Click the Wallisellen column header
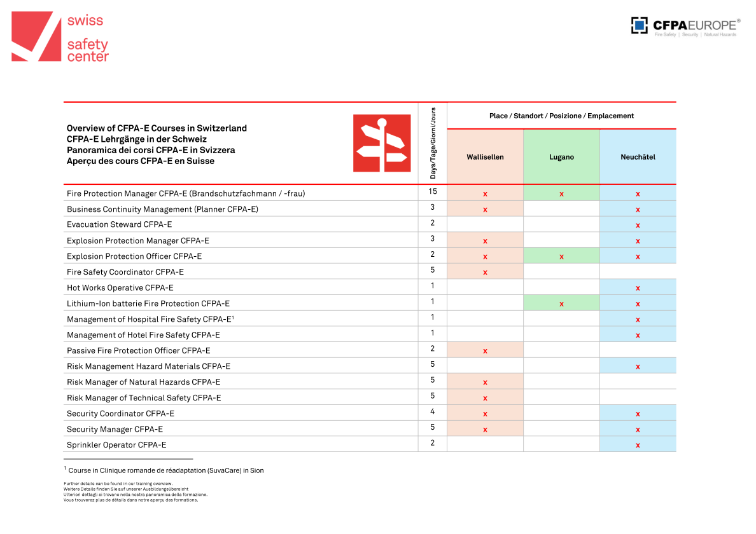485,157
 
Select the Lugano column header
561,157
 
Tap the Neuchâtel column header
638,157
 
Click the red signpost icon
382,143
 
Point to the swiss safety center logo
60,38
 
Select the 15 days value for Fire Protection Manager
432,191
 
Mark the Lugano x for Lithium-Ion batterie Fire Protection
561,304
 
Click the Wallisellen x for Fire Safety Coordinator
485,273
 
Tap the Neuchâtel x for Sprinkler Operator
638,445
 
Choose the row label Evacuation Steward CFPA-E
119,224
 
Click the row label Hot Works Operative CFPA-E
120,287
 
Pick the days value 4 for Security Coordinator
432,411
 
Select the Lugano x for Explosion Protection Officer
561,257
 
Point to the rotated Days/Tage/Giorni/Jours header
433,143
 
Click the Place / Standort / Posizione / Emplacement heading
561,116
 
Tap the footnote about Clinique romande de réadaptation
165,470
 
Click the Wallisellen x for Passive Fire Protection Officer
485,351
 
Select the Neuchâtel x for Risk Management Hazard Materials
638,367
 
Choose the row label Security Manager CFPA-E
115,429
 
